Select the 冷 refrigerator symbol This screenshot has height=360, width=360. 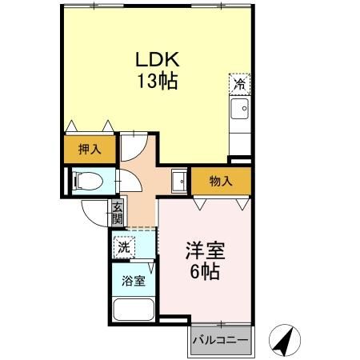tap(239, 82)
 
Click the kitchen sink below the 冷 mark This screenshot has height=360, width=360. tap(239, 108)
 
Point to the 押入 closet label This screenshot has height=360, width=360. tap(89, 148)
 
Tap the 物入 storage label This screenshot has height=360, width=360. tap(221, 181)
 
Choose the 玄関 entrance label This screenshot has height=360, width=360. tap(117, 211)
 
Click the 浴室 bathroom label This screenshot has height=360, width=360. tap(134, 281)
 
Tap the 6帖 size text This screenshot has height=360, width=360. tap(206, 272)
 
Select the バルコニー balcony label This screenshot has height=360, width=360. tap(221, 341)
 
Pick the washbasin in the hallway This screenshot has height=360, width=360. tap(179, 181)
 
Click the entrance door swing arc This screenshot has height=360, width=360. tap(96, 211)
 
